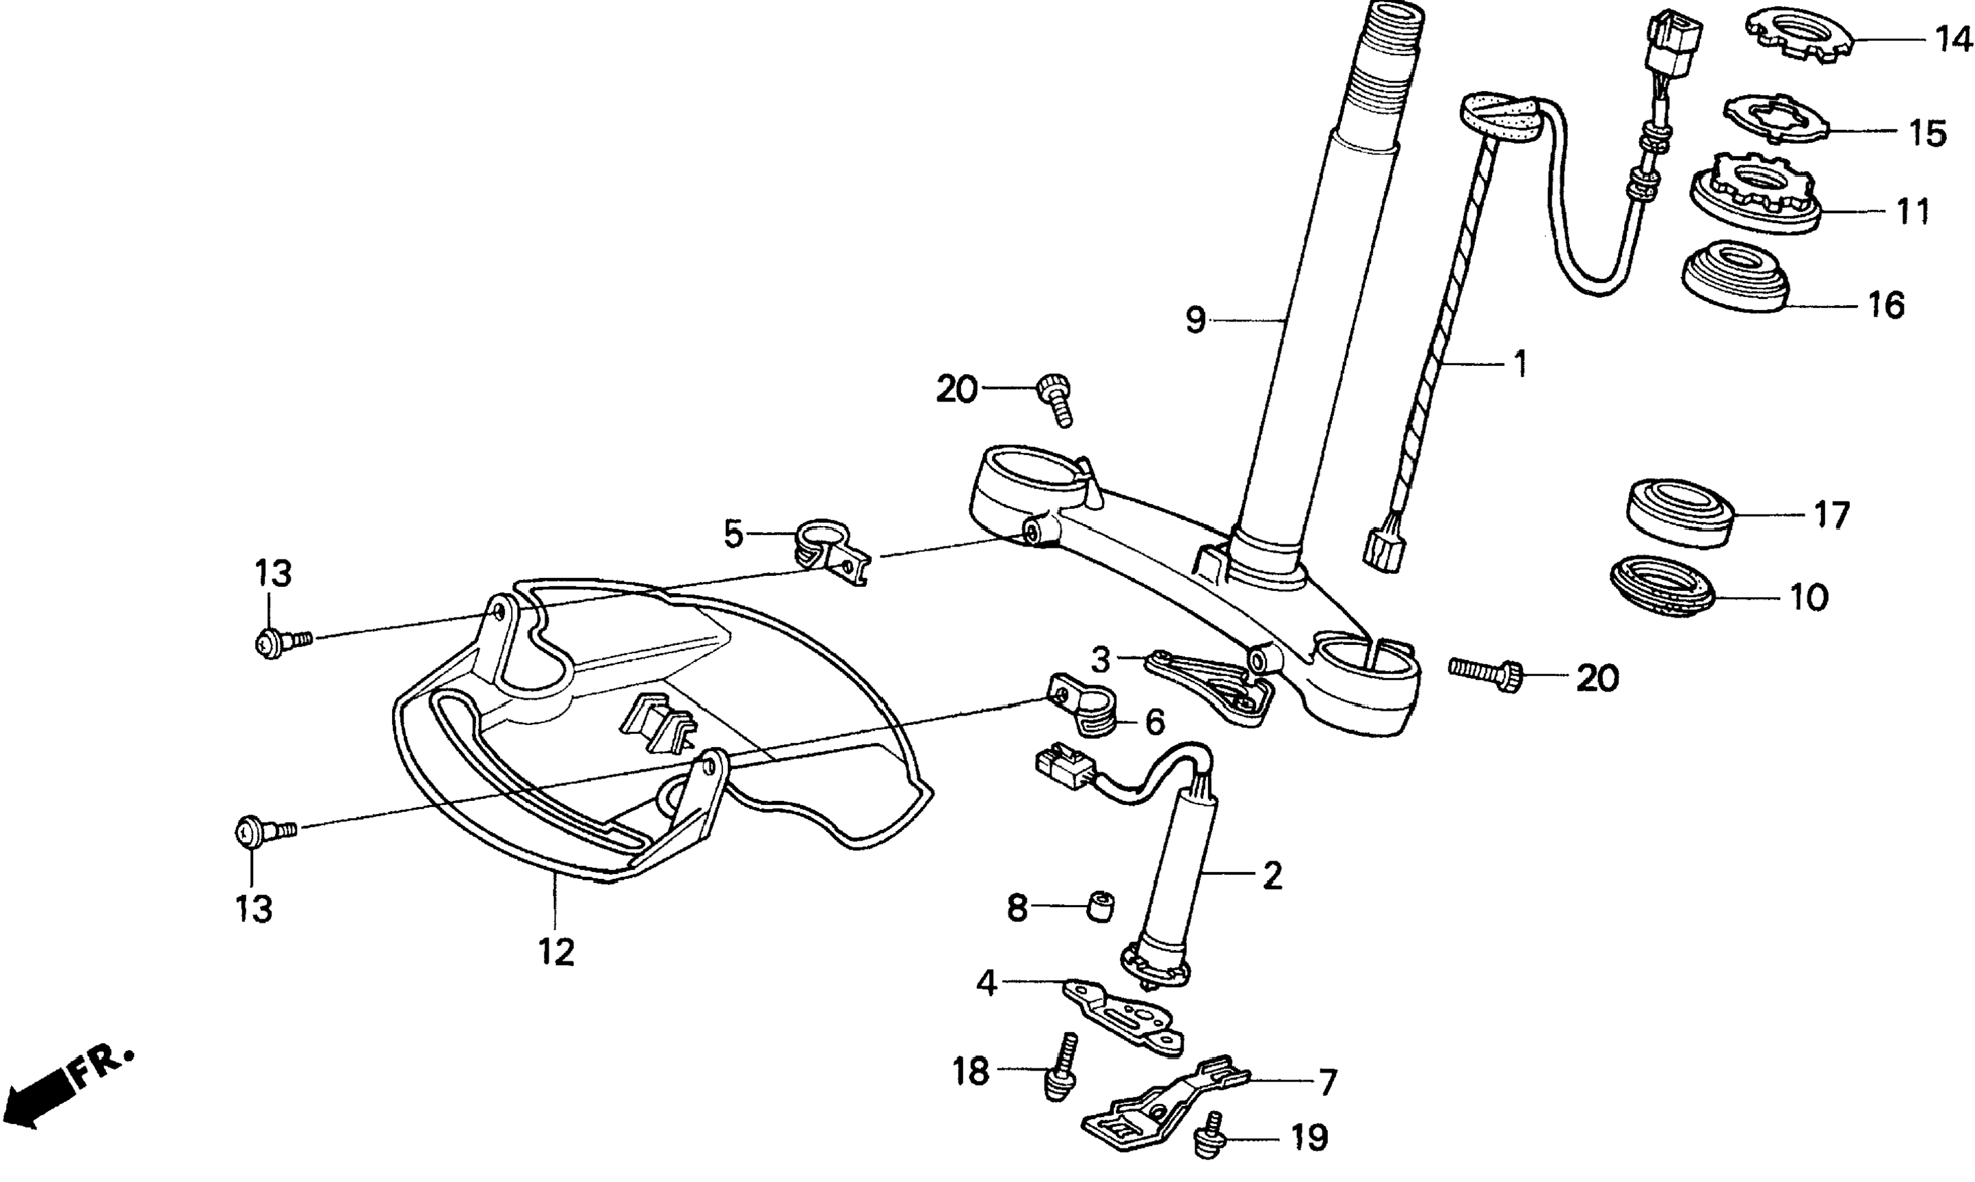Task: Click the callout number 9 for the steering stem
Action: pos(1194,320)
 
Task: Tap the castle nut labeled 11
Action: pos(1755,200)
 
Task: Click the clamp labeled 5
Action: pos(830,549)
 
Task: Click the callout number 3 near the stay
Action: pos(1100,659)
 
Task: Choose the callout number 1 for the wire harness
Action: pos(1520,364)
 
